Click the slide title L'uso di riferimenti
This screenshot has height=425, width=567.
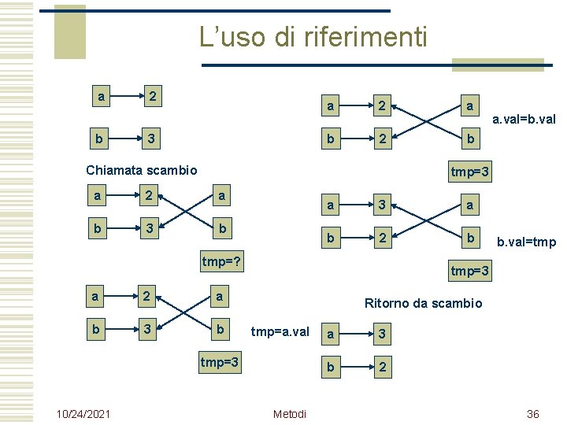tap(313, 36)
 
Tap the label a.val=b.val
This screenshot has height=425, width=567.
tap(524, 120)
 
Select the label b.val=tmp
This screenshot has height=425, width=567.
tap(526, 242)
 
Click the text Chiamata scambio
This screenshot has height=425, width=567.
tap(142, 170)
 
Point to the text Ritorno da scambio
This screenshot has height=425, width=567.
tap(423, 303)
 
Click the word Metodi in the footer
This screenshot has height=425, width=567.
tap(289, 414)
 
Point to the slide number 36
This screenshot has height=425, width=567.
tap(532, 414)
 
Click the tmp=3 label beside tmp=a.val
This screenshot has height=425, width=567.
tap(221, 363)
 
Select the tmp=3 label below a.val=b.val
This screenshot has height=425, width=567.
tap(470, 171)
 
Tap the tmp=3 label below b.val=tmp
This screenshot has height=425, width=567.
tap(470, 272)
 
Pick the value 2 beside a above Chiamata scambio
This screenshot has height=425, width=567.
tap(155, 97)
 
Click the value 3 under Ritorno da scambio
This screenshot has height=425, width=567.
tap(381, 334)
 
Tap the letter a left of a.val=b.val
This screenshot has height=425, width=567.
tap(469, 105)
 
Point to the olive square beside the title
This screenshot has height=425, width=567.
tap(69, 31)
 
